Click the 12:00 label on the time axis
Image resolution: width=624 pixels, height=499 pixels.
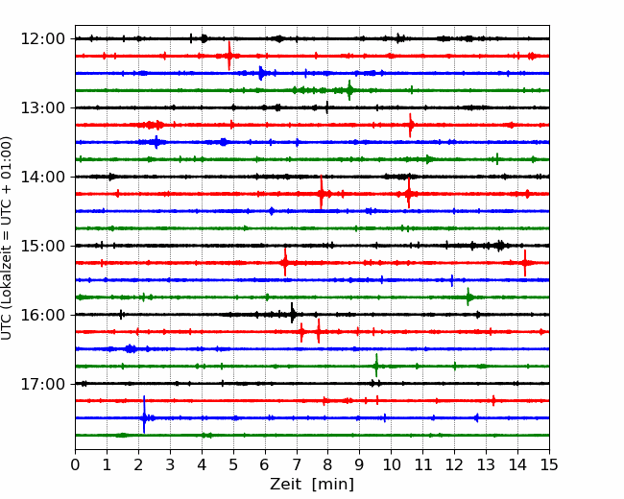tap(43, 39)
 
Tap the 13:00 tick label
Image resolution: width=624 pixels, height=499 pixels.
tap(43, 107)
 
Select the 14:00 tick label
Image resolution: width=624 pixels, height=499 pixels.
tap(43, 177)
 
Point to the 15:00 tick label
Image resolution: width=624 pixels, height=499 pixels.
tap(43, 246)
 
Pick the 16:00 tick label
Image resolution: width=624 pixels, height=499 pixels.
tap(43, 315)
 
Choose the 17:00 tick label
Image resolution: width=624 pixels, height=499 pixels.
tap(43, 384)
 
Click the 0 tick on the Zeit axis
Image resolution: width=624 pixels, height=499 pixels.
tap(75, 464)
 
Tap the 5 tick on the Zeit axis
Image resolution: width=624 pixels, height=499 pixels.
tap(233, 464)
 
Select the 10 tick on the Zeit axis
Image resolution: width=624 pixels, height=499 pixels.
tap(391, 464)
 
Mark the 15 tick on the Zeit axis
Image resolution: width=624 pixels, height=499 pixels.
tap(549, 464)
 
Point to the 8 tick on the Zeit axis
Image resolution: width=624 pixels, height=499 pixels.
tap(328, 464)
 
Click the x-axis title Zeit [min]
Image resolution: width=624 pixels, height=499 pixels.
tap(312, 485)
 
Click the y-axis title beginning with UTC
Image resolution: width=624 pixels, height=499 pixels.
tap(7, 238)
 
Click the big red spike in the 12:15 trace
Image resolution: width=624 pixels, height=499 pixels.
tap(229, 56)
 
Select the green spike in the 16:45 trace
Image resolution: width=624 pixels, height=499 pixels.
tap(376, 366)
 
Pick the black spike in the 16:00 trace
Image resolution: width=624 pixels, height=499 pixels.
tap(293, 314)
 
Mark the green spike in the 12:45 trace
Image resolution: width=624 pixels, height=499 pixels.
tap(349, 90)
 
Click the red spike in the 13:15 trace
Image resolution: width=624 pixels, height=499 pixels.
tap(411, 125)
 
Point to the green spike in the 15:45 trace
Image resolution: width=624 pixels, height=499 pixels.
tap(468, 297)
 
